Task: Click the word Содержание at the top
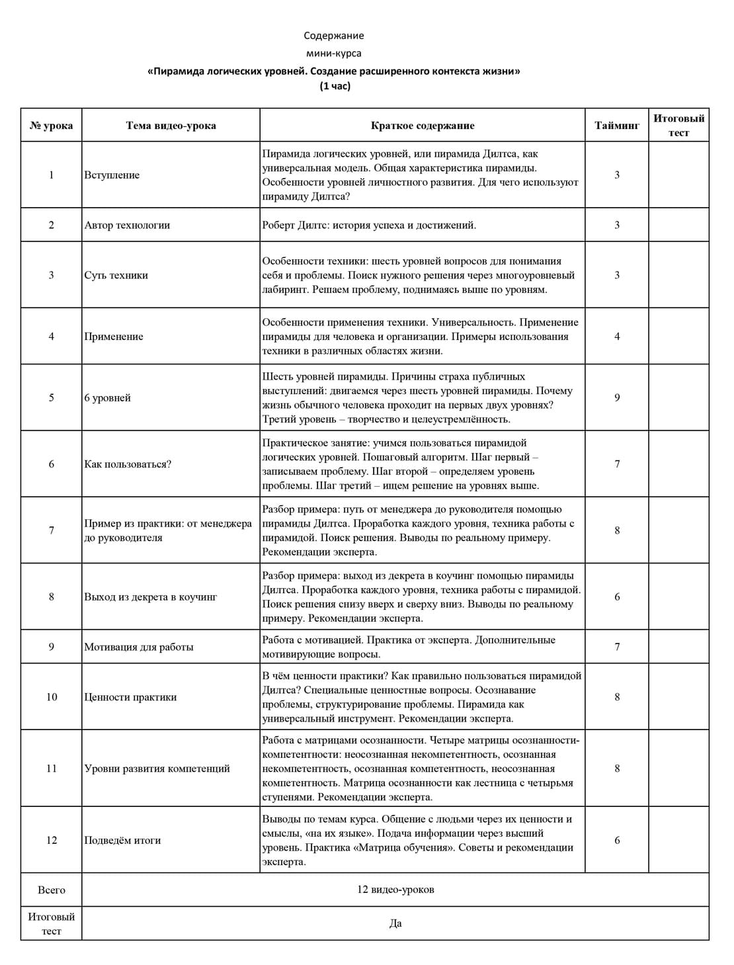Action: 333,36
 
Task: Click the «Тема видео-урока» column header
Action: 171,126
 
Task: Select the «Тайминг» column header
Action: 616,126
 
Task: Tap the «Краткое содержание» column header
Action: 422,126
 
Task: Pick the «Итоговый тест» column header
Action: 678,126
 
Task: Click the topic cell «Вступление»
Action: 112,175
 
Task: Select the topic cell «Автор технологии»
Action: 127,225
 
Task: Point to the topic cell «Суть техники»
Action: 116,275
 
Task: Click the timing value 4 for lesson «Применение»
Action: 617,337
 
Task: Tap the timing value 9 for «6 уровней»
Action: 617,398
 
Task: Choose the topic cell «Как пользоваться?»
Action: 128,464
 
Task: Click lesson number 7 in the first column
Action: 52,530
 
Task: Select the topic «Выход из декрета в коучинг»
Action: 150,597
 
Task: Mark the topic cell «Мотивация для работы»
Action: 138,647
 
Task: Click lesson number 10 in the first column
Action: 52,697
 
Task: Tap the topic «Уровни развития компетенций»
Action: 157,769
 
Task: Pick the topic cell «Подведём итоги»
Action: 122,841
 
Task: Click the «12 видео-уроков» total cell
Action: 395,890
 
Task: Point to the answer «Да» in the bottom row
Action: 395,923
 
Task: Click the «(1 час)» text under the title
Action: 335,86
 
